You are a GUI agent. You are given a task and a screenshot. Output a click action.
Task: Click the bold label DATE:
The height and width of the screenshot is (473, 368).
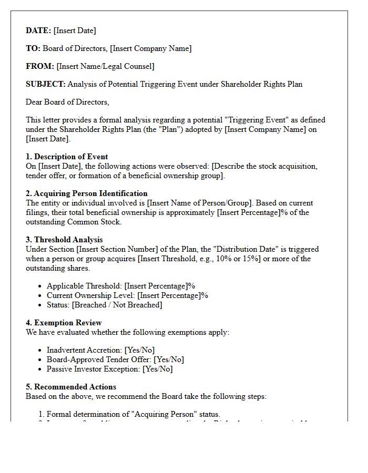38,30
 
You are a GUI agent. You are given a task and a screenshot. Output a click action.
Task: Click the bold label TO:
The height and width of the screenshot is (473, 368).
33,48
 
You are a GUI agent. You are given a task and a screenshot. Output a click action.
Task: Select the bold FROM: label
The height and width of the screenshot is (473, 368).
40,66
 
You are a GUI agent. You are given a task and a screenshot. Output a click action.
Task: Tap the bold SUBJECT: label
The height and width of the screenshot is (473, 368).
46,84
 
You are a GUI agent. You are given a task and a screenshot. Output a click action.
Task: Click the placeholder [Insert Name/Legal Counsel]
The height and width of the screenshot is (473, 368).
105,66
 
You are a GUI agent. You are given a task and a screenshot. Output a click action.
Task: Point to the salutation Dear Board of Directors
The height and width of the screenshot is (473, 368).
67,102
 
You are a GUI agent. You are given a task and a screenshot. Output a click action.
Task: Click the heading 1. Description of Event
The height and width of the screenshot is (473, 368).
67,157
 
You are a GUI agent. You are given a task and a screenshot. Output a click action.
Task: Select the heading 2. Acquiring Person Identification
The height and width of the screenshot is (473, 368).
87,193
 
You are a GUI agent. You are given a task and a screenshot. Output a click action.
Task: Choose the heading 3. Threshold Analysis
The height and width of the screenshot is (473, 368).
64,240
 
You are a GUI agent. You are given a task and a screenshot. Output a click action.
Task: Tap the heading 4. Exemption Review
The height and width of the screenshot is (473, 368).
64,323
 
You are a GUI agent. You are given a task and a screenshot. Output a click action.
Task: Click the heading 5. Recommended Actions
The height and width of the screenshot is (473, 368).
71,387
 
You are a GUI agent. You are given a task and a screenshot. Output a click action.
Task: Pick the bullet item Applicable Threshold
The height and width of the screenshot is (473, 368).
121,286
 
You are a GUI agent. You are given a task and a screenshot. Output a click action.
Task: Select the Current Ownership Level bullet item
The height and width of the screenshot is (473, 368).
127,295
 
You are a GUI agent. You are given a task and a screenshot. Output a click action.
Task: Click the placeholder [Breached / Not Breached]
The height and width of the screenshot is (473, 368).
117,305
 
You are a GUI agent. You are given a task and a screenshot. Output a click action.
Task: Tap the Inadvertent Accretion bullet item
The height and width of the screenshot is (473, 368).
100,350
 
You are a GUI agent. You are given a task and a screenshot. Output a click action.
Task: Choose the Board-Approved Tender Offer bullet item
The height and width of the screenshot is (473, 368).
115,359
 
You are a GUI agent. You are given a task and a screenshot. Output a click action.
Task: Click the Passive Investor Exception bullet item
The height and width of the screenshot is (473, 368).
109,369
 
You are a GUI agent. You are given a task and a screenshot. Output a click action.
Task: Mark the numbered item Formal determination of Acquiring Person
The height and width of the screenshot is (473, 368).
134,414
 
